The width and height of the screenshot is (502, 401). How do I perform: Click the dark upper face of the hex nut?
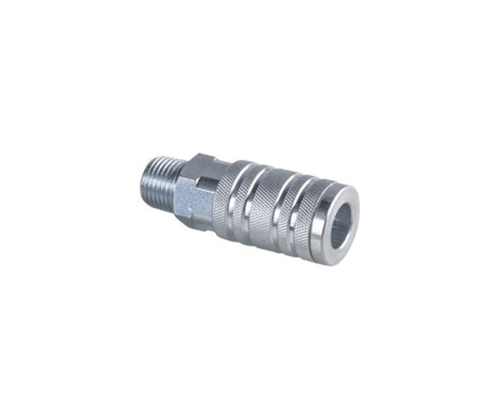click(202, 168)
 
